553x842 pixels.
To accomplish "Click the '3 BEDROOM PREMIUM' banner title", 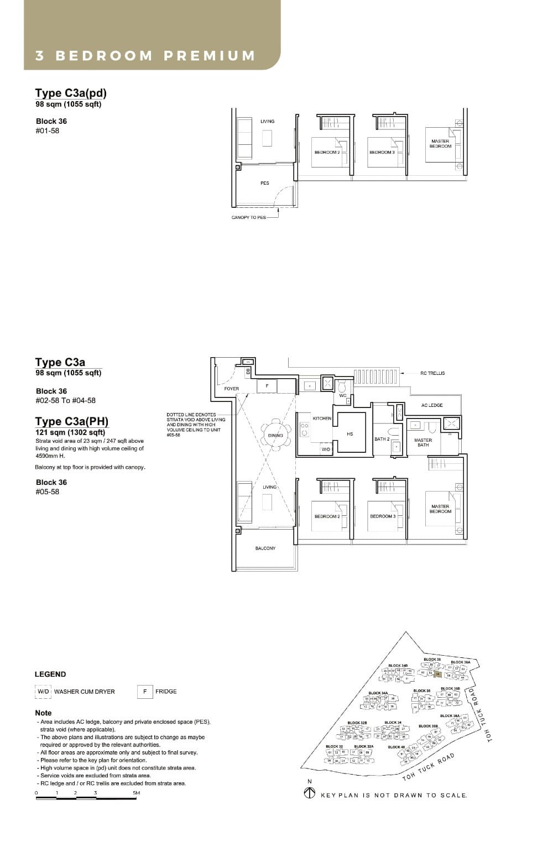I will [145, 56].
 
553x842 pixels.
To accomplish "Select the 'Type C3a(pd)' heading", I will [71, 93].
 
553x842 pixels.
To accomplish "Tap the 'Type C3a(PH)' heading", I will [72, 422].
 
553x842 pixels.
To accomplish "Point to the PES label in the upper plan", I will [265, 183].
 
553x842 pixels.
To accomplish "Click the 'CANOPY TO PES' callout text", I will [248, 217].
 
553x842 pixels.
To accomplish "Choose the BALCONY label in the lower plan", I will [265, 548].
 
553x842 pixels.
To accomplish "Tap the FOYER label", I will [232, 389].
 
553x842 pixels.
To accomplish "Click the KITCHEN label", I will [322, 419].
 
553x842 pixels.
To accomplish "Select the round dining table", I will [275, 435].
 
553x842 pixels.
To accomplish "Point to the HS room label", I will [349, 434].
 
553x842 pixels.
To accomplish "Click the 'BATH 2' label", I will [382, 439].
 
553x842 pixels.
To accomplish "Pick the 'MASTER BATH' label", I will [423, 442].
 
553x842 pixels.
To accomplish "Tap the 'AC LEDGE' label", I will [432, 405].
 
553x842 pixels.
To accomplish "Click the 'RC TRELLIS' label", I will [432, 373].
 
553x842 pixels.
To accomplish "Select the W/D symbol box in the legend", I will [43, 692].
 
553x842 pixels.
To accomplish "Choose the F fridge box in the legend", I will [145, 692].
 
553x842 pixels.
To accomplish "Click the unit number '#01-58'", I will [48, 131].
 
